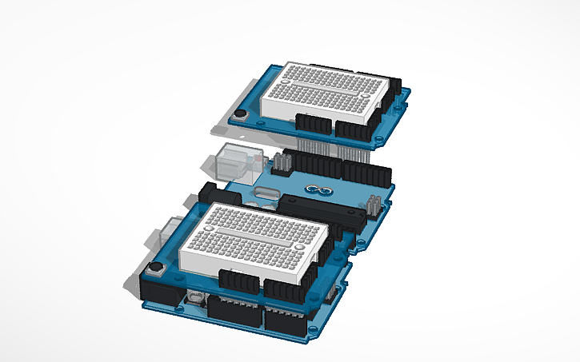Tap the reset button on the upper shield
[239, 116]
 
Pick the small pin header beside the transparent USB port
[281, 165]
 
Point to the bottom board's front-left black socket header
[232, 311]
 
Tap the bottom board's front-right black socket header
[284, 321]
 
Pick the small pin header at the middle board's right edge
[374, 205]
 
